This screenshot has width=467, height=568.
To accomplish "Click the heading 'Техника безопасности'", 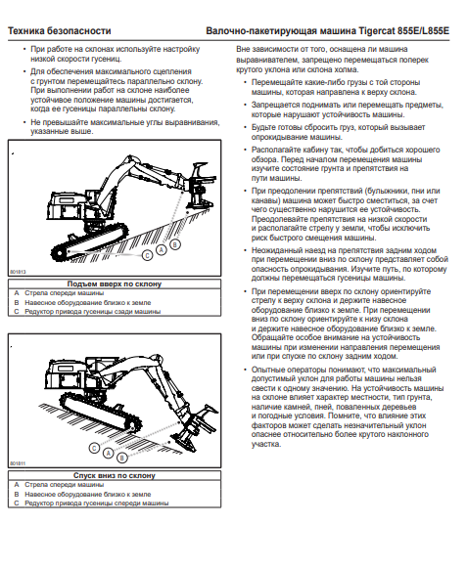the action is pos(60,31).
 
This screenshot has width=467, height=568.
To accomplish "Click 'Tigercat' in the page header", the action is pos(377,31).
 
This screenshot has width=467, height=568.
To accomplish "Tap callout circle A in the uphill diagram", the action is pos(162,250).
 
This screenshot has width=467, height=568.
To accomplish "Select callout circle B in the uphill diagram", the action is pos(175,244).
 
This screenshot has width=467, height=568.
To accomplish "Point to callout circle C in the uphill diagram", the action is pos(147,256).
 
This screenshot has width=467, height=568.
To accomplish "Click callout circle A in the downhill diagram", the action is pos(108,453).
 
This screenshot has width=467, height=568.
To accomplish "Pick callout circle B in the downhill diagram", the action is pos(122,458).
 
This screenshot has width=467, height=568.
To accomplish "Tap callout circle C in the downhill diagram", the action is pos(94,448).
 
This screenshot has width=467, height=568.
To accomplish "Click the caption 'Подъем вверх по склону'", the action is pos(115,284).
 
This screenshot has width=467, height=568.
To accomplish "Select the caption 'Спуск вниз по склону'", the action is pos(115,475).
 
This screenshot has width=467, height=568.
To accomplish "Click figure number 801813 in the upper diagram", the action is pos(18,272).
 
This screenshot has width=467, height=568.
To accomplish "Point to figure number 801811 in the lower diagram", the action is pos(18,463).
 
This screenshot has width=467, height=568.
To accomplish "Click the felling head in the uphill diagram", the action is pos(201,189).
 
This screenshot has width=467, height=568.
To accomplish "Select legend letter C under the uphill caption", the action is pos(17,312).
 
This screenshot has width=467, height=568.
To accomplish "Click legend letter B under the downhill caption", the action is pos(17,494).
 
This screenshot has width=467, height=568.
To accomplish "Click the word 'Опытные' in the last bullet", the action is pos(268,370).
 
